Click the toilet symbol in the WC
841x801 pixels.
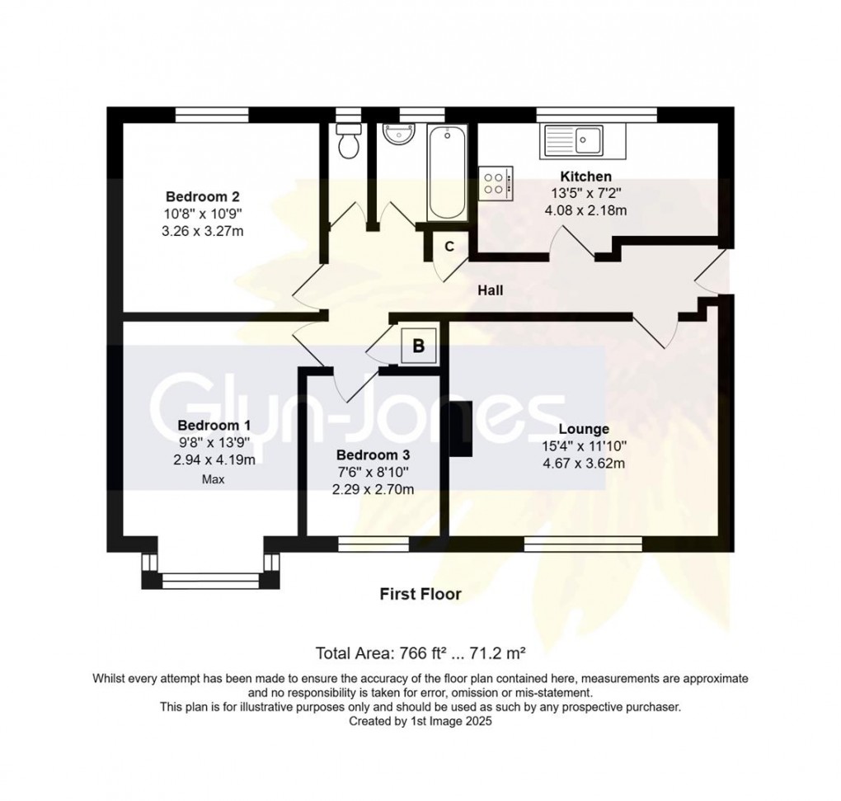[349, 144]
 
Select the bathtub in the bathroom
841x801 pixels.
[447, 171]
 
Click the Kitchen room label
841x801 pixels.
[586, 177]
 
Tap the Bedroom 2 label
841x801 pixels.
[203, 196]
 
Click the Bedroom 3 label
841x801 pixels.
[373, 455]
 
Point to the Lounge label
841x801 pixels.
[584, 429]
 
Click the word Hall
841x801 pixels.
[490, 290]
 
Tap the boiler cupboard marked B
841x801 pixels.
[418, 346]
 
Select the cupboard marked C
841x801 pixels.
[449, 246]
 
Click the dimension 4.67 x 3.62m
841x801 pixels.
[584, 463]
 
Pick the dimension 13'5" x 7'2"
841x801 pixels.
[586, 194]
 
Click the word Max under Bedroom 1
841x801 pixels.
[214, 478]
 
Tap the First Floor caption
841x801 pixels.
[420, 594]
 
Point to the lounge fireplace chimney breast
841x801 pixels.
[458, 429]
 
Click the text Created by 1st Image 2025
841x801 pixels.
[420, 721]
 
